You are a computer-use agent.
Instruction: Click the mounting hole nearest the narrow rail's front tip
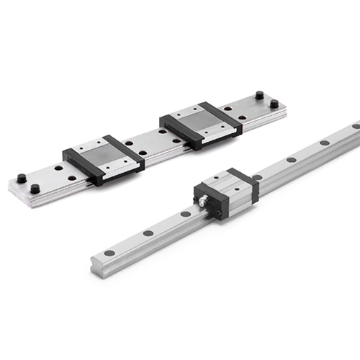point(109,253)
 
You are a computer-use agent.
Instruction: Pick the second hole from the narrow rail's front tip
point(148,233)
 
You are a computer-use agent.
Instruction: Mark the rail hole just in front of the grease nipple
point(186,213)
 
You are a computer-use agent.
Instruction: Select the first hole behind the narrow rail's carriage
point(258,177)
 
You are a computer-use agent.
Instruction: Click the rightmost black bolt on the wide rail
point(274,104)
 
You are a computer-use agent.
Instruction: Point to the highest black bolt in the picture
point(258,94)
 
